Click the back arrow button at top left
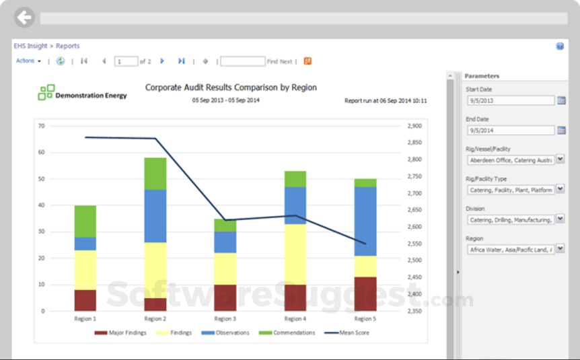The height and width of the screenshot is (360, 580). click(24, 17)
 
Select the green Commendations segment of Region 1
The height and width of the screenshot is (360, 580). click(85, 221)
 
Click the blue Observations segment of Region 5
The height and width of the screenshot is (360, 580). click(365, 221)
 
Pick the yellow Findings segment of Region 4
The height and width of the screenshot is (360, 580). click(295, 254)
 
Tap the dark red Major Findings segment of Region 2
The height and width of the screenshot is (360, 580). click(155, 304)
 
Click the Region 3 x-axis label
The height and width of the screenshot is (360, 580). click(225, 318)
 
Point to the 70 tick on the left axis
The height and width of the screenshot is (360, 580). click(41, 126)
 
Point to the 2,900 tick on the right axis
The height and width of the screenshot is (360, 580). click(414, 126)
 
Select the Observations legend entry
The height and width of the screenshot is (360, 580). click(225, 332)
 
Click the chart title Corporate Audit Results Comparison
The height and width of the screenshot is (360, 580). click(231, 87)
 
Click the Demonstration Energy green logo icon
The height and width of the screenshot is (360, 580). click(46, 93)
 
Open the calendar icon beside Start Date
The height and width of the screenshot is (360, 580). click(562, 101)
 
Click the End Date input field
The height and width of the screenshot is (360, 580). click(510, 131)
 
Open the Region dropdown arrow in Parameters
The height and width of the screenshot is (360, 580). click(560, 249)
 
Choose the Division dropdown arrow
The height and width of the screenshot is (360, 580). click(560, 219)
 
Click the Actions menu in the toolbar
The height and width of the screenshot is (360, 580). click(28, 61)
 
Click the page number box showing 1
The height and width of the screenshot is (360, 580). click(126, 61)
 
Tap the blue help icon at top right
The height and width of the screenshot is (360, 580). click(560, 46)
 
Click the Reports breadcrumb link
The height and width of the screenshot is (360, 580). click(67, 46)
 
